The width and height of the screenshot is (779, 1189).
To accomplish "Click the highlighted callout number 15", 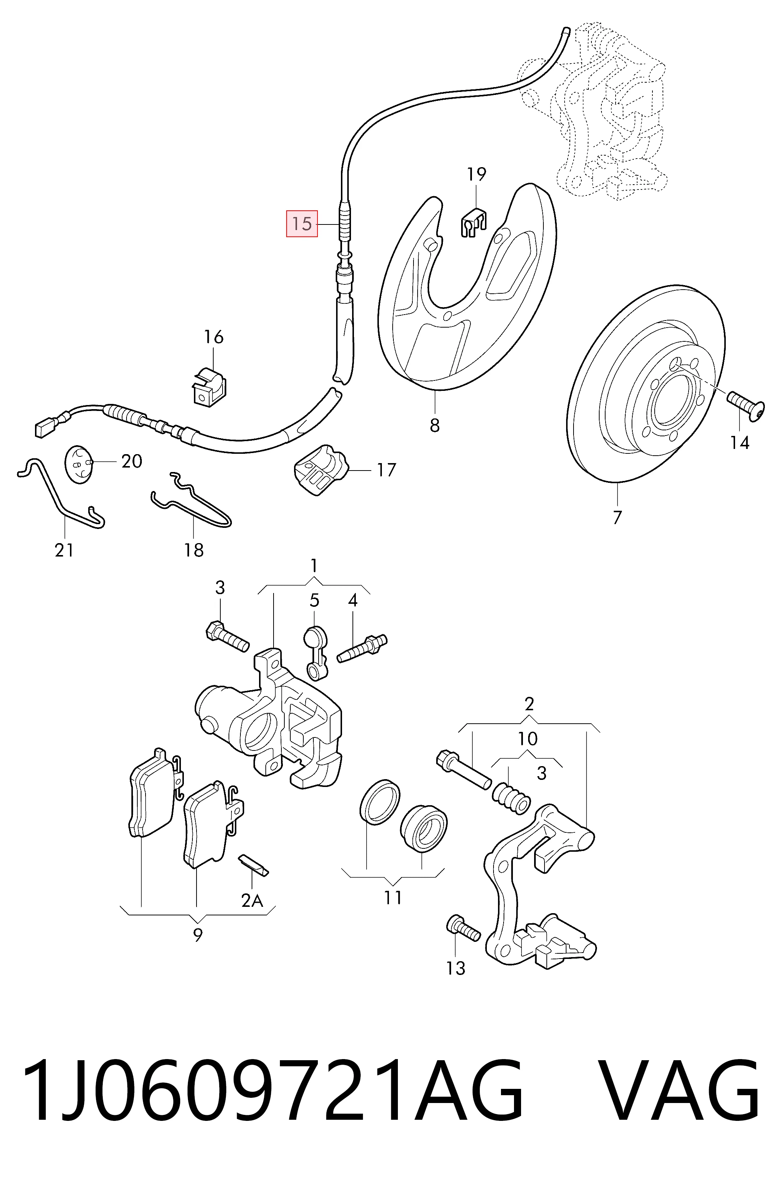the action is [x=301, y=223].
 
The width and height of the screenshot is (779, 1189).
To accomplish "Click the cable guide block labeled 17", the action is [x=320, y=469].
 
